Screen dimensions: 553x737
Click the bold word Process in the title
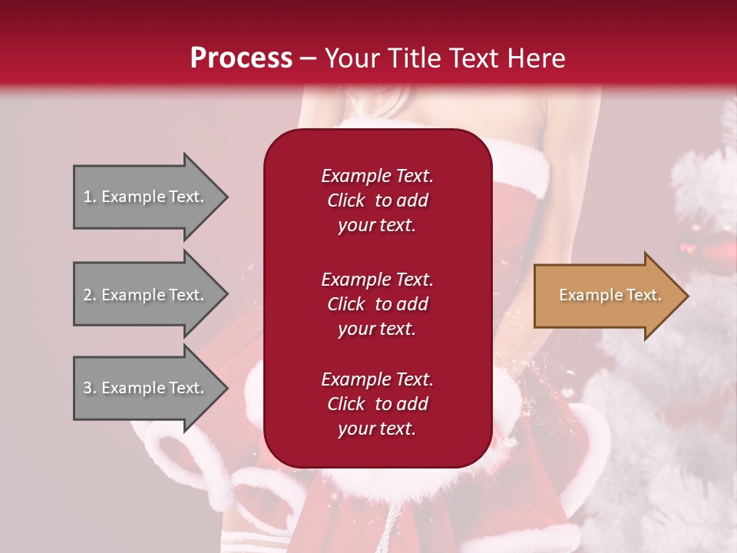point(241,58)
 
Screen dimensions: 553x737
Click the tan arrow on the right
point(599,296)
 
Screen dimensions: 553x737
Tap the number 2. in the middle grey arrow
point(90,295)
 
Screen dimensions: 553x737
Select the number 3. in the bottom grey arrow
point(90,388)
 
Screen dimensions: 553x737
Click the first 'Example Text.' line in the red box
point(377,176)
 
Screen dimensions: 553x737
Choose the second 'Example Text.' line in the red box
point(377,280)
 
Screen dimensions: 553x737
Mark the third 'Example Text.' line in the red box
point(377,379)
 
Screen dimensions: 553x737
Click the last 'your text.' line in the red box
point(377,429)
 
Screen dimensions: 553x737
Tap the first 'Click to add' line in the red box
point(377,200)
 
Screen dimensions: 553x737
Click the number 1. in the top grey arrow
point(90,197)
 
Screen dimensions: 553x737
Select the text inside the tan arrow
point(610,295)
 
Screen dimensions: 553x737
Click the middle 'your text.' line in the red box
point(377,329)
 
